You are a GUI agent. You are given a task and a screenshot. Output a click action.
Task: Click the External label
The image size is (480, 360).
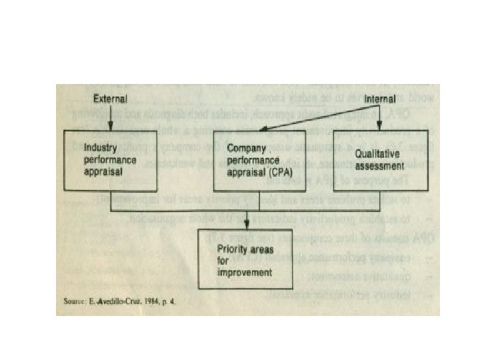tap(110, 99)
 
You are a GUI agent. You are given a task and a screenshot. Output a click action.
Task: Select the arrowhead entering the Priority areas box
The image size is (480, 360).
tap(246, 225)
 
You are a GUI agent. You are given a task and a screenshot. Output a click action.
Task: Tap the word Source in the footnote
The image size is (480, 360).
tap(71, 302)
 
